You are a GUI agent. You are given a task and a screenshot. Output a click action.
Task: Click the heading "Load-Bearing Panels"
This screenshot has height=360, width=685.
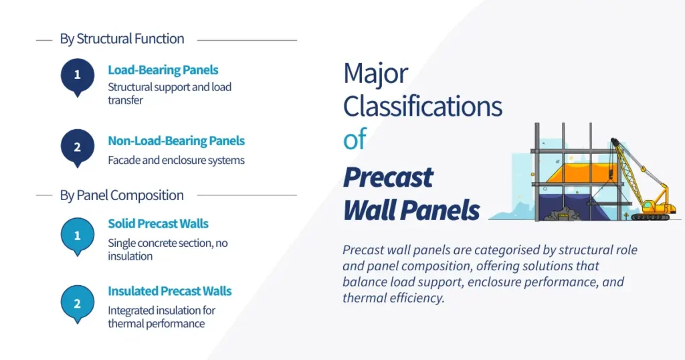(x=163, y=70)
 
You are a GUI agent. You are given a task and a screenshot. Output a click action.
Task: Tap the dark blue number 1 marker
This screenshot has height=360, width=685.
(x=77, y=75)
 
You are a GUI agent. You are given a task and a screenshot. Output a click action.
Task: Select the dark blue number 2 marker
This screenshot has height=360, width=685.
(x=77, y=147)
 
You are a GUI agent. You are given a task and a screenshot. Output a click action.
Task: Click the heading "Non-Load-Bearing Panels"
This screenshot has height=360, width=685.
(x=176, y=141)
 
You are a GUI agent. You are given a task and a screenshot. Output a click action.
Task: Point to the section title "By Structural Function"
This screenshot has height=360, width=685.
(x=122, y=39)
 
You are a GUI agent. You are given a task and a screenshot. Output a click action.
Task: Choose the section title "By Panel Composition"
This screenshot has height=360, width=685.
(x=122, y=195)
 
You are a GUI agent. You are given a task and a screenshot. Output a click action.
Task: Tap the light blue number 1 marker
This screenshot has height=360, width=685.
(x=77, y=236)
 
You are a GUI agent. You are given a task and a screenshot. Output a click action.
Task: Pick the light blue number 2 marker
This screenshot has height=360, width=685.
(x=77, y=304)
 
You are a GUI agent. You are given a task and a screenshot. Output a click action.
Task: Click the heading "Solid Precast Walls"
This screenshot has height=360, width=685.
(x=159, y=223)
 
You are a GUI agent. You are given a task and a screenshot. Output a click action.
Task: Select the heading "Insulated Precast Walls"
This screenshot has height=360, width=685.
(x=170, y=291)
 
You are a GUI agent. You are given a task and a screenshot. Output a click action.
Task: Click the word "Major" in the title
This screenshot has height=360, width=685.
(x=375, y=74)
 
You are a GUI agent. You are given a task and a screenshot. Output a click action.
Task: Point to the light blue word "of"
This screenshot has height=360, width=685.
(x=355, y=139)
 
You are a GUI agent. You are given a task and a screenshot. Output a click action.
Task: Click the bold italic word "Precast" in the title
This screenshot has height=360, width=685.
(x=388, y=177)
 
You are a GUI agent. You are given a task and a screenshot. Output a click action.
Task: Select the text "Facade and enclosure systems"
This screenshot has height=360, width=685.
(x=176, y=160)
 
